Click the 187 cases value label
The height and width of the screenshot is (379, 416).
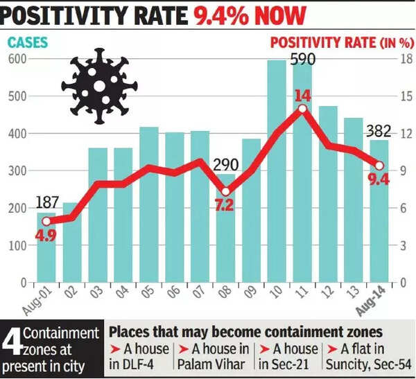46,202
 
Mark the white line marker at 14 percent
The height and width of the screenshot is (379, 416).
302,109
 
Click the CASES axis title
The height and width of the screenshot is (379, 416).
28,42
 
